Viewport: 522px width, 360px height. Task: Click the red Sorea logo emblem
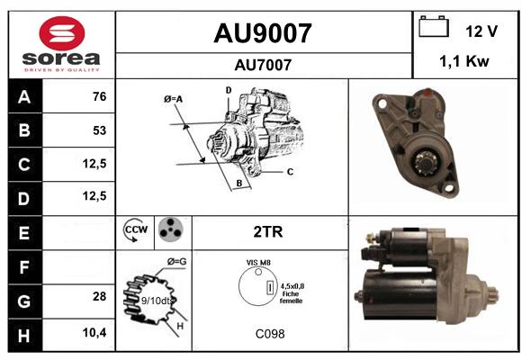click(62, 33)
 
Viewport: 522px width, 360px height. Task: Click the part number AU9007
click(263, 33)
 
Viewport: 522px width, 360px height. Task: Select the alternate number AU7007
click(263, 65)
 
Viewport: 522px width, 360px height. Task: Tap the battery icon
click(434, 26)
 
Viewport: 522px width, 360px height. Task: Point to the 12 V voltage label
click(481, 31)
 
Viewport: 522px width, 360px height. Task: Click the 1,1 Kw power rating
click(464, 61)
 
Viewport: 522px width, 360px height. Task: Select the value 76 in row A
click(100, 96)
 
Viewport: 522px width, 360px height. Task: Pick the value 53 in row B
click(100, 130)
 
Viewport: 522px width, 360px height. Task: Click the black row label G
click(25, 301)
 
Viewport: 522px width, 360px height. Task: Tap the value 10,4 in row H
click(94, 332)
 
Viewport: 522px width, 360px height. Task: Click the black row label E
click(25, 233)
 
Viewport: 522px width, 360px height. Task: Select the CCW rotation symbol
click(135, 229)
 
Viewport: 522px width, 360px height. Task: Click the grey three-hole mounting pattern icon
click(171, 229)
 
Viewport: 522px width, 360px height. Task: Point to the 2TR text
click(268, 232)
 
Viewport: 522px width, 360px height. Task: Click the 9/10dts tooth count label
click(157, 301)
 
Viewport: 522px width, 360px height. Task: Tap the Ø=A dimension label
click(173, 99)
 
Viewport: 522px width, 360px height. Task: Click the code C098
click(270, 334)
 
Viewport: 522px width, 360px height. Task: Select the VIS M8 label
click(258, 263)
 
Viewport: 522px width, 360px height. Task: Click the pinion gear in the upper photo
click(427, 163)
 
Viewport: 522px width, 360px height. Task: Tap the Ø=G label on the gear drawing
click(176, 262)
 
